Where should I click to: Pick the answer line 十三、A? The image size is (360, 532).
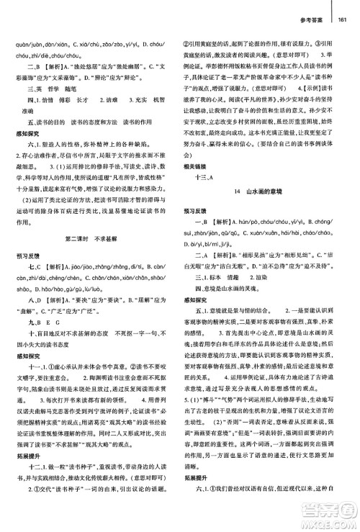click(215, 196)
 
